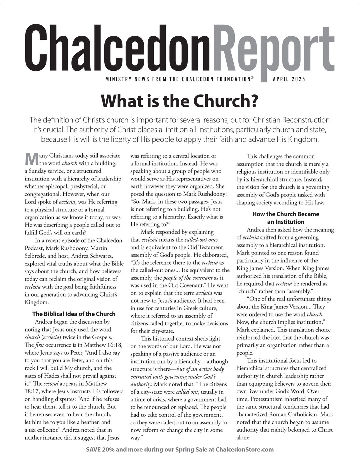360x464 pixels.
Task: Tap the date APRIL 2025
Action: (289, 79)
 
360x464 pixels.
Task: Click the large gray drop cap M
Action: (31, 159)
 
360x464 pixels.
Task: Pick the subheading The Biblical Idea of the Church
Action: (74, 314)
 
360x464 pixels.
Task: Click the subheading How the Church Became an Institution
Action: (286, 218)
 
